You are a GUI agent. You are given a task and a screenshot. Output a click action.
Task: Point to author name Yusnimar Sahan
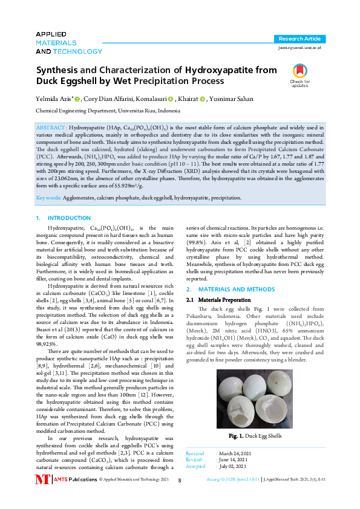coord(232,99)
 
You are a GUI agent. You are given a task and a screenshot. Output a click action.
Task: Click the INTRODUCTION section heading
coord(68,218)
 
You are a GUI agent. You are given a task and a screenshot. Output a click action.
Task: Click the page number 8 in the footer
coord(180,497)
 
